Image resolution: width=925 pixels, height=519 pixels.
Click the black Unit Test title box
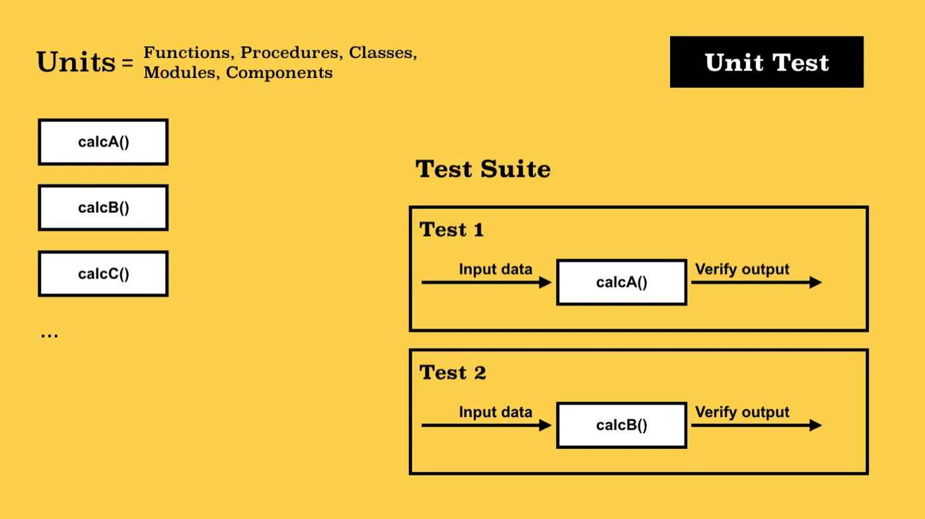click(x=766, y=62)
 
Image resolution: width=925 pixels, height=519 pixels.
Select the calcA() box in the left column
click(x=103, y=142)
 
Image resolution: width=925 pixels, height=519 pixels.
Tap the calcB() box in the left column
click(x=103, y=208)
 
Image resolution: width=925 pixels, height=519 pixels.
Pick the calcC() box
click(x=103, y=274)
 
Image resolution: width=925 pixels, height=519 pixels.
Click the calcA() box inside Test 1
click(x=622, y=282)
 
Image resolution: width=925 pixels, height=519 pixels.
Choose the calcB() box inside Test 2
click(x=622, y=425)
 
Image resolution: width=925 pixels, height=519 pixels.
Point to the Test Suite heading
click(x=483, y=169)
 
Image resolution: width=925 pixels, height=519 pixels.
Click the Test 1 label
click(x=451, y=230)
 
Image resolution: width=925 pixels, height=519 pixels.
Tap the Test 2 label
click(x=453, y=373)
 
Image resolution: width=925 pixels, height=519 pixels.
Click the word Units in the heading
click(x=76, y=62)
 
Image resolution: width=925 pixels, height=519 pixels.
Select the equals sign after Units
click(x=128, y=63)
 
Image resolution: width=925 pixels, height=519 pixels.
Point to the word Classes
click(x=383, y=53)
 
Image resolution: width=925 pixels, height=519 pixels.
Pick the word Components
click(x=279, y=73)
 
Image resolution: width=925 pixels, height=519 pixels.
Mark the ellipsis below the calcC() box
click(x=50, y=335)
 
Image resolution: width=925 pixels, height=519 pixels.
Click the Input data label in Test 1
click(x=496, y=270)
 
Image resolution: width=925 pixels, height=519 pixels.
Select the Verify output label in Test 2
click(x=742, y=413)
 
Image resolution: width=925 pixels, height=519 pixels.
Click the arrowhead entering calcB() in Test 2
click(x=546, y=425)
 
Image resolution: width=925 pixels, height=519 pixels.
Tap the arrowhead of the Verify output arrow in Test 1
click(x=815, y=282)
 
